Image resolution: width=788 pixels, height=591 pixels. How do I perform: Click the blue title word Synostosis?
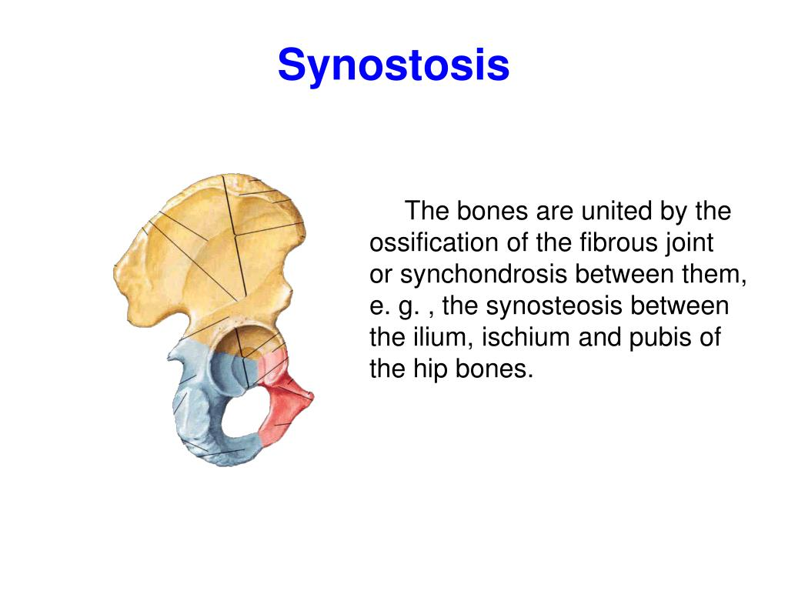[393, 65]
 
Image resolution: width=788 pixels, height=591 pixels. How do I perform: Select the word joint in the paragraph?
[690, 242]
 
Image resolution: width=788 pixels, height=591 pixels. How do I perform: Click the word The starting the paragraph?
[429, 211]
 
